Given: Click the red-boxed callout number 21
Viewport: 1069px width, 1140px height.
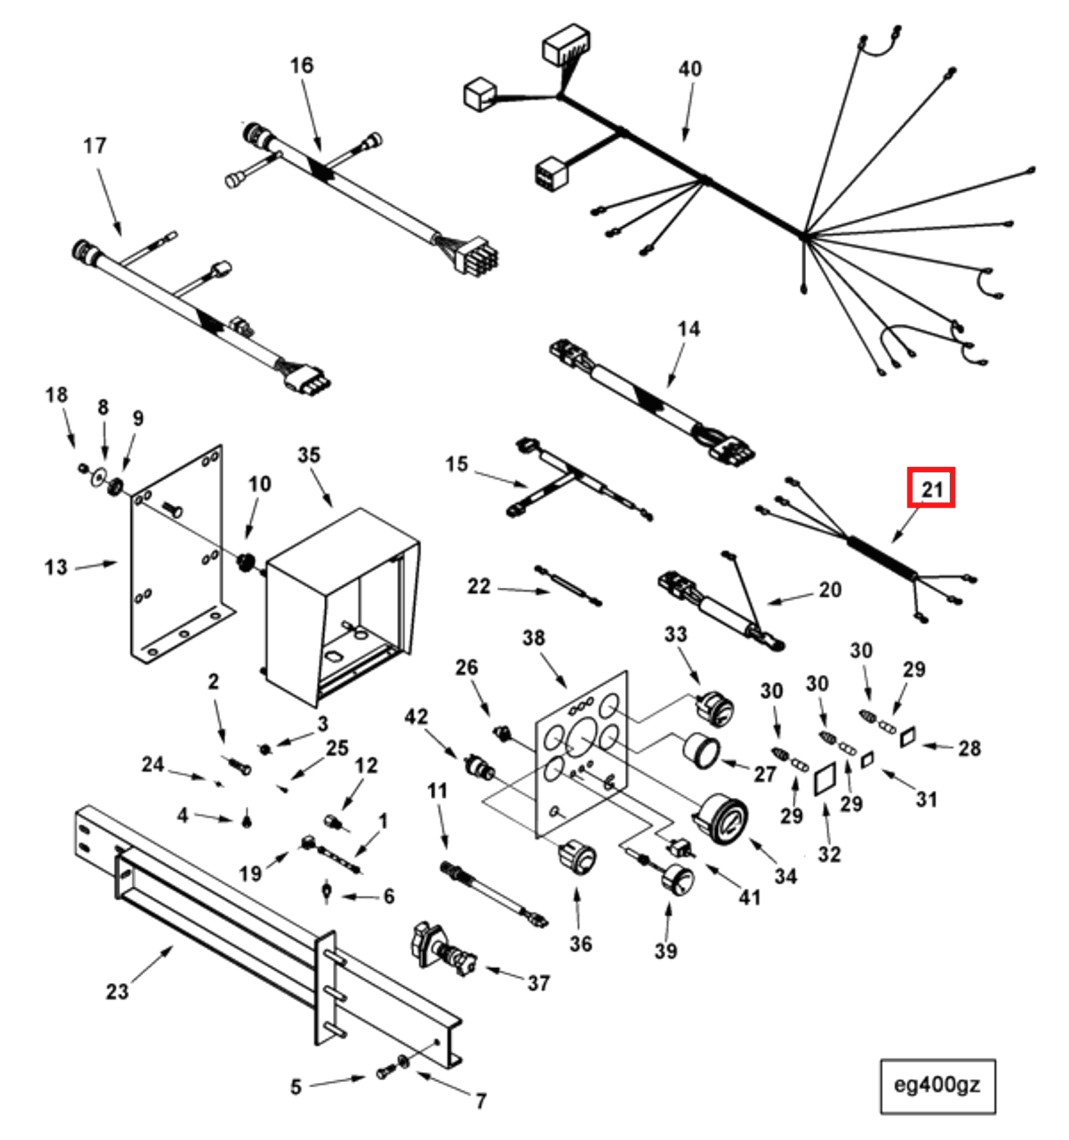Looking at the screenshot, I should (x=930, y=488).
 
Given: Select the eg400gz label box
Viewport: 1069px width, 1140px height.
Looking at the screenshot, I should (x=937, y=1085).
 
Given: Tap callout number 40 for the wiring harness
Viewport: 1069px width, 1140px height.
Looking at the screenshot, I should (x=690, y=69).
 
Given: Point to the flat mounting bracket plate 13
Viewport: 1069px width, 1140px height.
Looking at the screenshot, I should (x=175, y=553).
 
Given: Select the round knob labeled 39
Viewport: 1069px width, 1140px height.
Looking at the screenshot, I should (x=677, y=881).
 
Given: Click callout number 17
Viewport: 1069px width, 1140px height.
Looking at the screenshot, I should (x=95, y=146).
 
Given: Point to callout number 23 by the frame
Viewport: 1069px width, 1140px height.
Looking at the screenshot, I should (x=117, y=991).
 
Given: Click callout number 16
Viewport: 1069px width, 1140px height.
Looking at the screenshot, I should (x=301, y=66).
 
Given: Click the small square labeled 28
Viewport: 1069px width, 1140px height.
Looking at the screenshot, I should (x=908, y=738).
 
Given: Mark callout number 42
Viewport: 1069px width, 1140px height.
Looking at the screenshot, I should (x=416, y=717).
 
